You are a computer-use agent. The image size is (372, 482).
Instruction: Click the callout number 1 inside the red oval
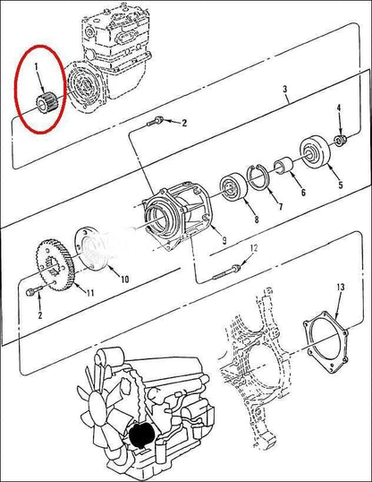click(x=37, y=66)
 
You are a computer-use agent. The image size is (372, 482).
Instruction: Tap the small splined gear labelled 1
click(x=46, y=102)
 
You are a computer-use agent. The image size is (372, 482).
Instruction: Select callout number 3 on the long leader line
click(x=285, y=90)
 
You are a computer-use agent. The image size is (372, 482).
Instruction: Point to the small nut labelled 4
click(x=341, y=140)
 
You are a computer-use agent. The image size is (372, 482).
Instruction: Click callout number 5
click(x=341, y=185)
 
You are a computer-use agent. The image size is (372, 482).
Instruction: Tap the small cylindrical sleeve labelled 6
click(x=283, y=166)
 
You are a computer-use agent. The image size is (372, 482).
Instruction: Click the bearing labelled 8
click(x=234, y=187)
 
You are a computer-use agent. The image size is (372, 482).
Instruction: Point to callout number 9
click(x=224, y=240)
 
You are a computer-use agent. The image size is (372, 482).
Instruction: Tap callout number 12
click(x=254, y=248)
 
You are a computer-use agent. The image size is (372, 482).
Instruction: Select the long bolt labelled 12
click(x=226, y=273)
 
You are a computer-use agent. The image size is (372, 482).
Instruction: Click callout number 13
click(x=341, y=287)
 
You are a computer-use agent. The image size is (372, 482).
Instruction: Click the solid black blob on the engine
click(x=141, y=435)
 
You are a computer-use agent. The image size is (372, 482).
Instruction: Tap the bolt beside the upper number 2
click(x=156, y=121)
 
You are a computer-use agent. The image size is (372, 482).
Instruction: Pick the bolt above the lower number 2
click(x=35, y=291)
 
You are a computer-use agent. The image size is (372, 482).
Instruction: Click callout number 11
click(x=89, y=293)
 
